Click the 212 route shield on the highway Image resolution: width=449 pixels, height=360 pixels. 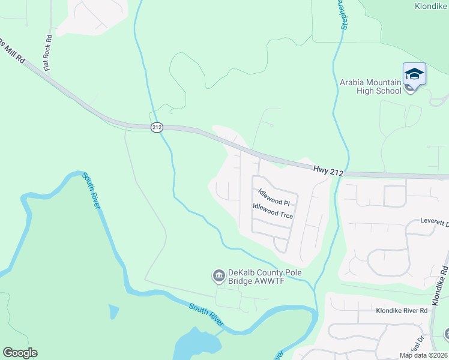point(157,127)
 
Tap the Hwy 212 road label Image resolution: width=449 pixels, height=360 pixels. point(328,172)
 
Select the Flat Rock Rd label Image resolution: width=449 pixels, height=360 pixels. point(47,53)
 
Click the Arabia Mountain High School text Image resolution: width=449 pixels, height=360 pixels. point(370,86)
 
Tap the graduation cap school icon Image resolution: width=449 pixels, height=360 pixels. point(414,74)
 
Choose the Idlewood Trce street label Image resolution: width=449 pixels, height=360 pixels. point(273,211)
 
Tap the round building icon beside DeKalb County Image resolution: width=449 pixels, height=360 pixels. point(217,276)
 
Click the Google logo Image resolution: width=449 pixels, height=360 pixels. point(20,353)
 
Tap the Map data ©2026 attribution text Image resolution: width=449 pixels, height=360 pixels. point(423,355)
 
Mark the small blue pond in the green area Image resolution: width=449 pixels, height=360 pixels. point(114,312)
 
